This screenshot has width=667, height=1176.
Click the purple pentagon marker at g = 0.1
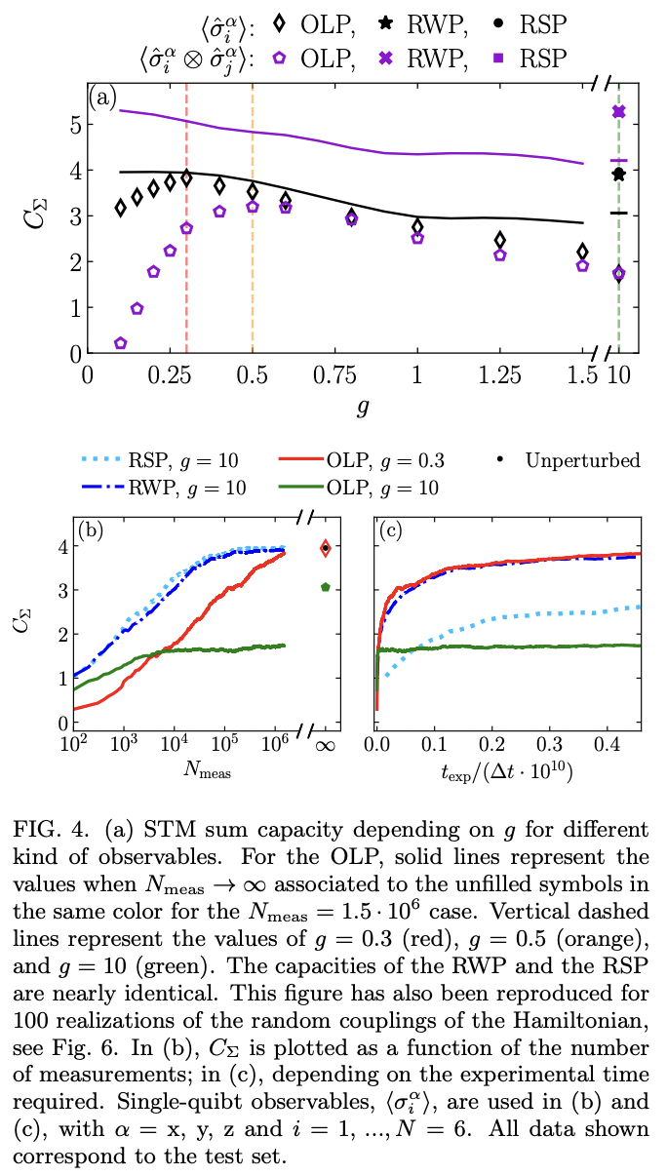click(121, 343)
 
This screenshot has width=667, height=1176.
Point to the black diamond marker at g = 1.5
click(583, 252)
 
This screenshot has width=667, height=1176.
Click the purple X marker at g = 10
click(618, 112)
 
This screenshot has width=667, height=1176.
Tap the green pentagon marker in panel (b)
click(326, 587)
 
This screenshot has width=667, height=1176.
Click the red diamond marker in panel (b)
click(326, 549)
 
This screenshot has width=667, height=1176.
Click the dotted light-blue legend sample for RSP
click(100, 460)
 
